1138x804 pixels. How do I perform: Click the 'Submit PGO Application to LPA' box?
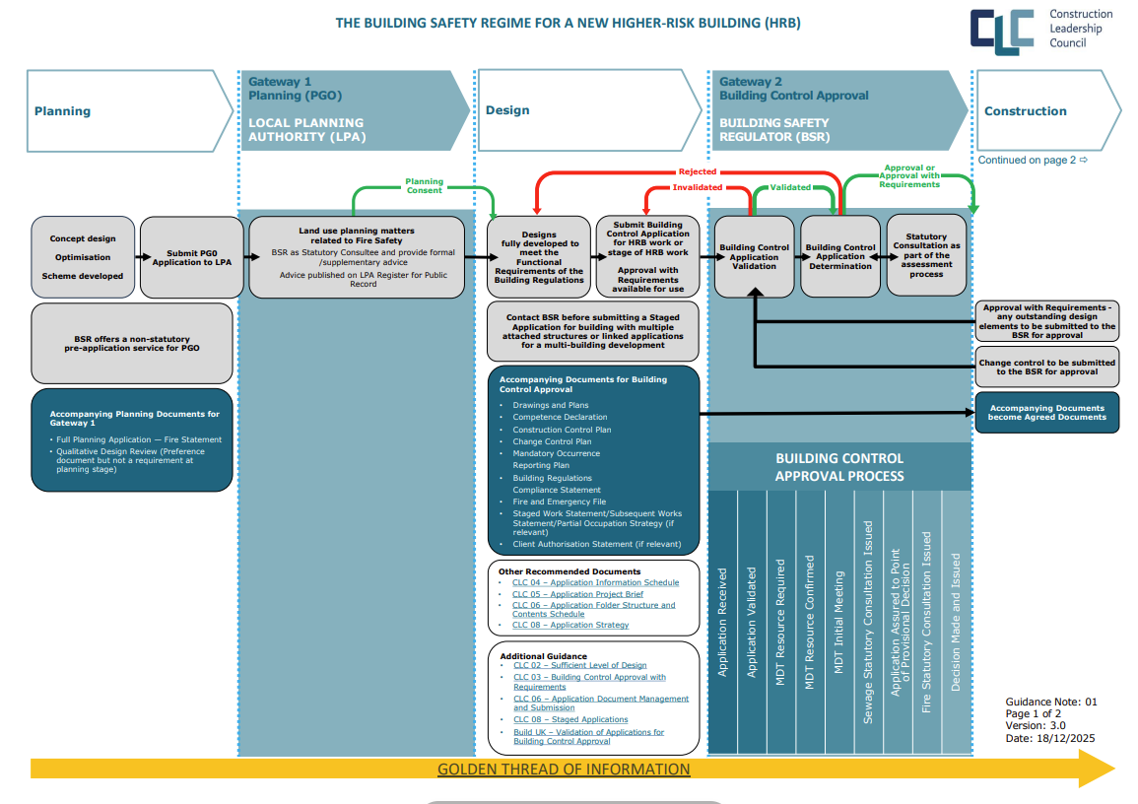point(191,258)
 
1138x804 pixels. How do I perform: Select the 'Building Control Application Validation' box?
point(754,257)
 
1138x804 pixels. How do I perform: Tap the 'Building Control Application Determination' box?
point(839,257)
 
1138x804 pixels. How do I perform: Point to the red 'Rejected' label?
point(699,172)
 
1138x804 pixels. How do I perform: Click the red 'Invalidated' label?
point(698,187)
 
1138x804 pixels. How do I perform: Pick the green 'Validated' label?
point(789,187)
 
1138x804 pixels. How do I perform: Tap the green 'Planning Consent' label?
point(425,186)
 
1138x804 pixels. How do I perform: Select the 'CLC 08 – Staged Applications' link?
point(570,720)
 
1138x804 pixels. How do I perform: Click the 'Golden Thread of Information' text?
point(564,770)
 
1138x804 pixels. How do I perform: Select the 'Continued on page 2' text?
point(1033,160)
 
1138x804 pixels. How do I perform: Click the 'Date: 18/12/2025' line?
point(1050,738)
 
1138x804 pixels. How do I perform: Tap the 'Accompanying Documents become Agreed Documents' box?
point(1047,413)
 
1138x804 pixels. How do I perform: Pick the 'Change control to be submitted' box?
point(1047,368)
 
